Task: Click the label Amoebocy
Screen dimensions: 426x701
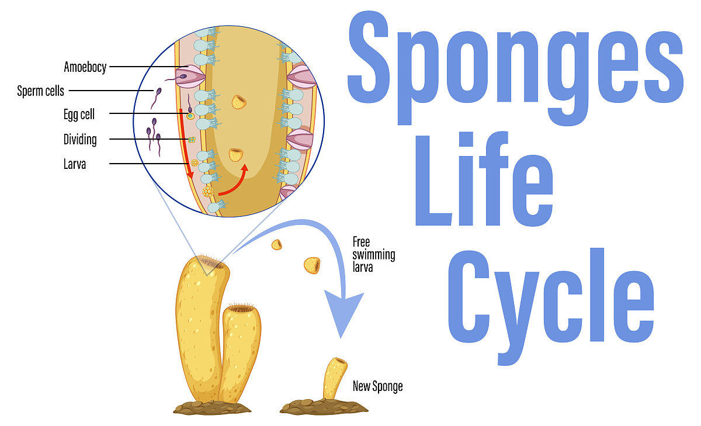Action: coord(85,67)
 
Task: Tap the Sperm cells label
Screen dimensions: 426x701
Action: coord(40,91)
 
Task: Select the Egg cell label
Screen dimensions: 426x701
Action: coord(79,115)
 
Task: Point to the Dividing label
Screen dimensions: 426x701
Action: coord(80,140)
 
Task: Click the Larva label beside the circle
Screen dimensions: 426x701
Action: coord(75,164)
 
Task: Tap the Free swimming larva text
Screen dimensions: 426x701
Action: coord(374,255)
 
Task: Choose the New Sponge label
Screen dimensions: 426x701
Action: coord(377,386)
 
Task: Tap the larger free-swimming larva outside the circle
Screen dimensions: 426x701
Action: coord(312,265)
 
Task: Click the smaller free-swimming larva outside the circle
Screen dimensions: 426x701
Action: coord(276,245)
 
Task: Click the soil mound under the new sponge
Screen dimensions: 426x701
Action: coord(315,407)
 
